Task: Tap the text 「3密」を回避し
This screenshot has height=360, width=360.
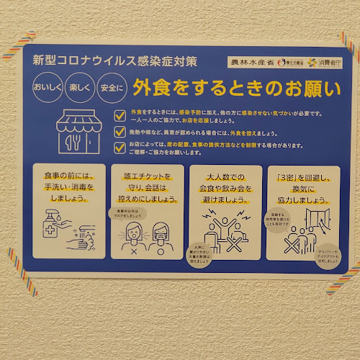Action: point(297,176)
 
